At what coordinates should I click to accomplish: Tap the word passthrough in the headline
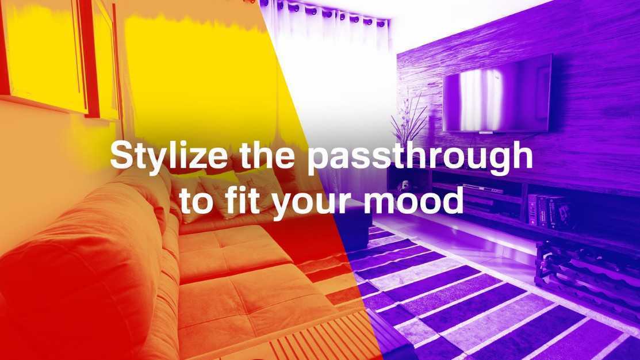click(420, 155)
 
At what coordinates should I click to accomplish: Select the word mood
click(413, 200)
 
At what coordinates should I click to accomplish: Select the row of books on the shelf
click(546, 211)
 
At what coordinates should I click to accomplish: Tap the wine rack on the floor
click(588, 274)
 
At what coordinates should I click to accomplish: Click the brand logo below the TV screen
click(485, 133)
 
